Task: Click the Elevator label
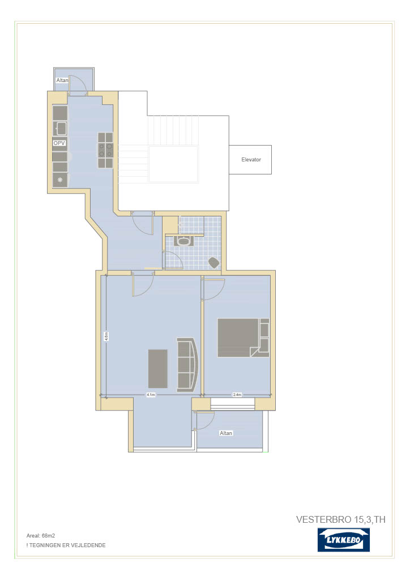tap(251, 159)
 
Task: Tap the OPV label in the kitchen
tap(59, 143)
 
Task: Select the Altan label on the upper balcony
tap(62, 80)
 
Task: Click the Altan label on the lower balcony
tap(226, 433)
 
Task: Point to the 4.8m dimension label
tap(106, 336)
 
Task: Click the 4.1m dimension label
tap(151, 395)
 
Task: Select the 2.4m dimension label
tap(237, 395)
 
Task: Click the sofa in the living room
tap(188, 365)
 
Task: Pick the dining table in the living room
tap(158, 368)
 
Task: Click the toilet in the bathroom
tap(214, 263)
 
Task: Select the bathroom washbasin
tap(183, 241)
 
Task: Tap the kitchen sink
tap(61, 129)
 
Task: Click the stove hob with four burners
tap(105, 151)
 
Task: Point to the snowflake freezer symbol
tap(60, 180)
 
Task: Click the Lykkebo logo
tap(343, 540)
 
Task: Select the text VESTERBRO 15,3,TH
tap(341, 519)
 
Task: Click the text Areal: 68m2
tap(41, 535)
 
